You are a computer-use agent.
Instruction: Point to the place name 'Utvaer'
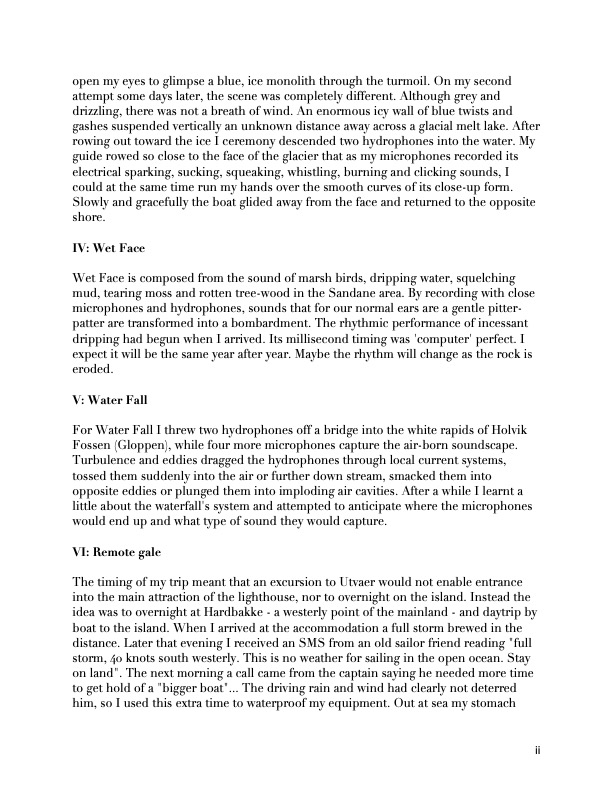point(353,582)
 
